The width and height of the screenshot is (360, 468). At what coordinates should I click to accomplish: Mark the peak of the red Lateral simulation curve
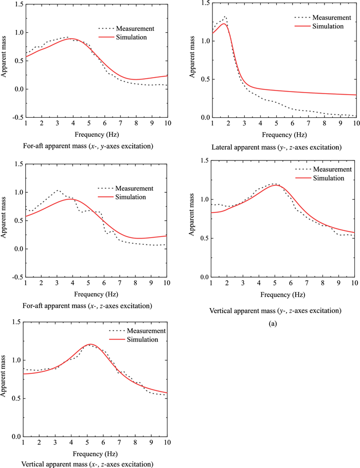pyautogui.click(x=224, y=24)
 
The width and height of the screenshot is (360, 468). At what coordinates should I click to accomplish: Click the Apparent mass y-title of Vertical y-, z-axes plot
pyautogui.click(x=191, y=219)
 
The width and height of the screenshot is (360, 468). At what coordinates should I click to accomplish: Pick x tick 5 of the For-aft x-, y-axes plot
pyautogui.click(x=88, y=124)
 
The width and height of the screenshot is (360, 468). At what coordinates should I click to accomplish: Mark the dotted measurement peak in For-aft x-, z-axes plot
pyautogui.click(x=58, y=190)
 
